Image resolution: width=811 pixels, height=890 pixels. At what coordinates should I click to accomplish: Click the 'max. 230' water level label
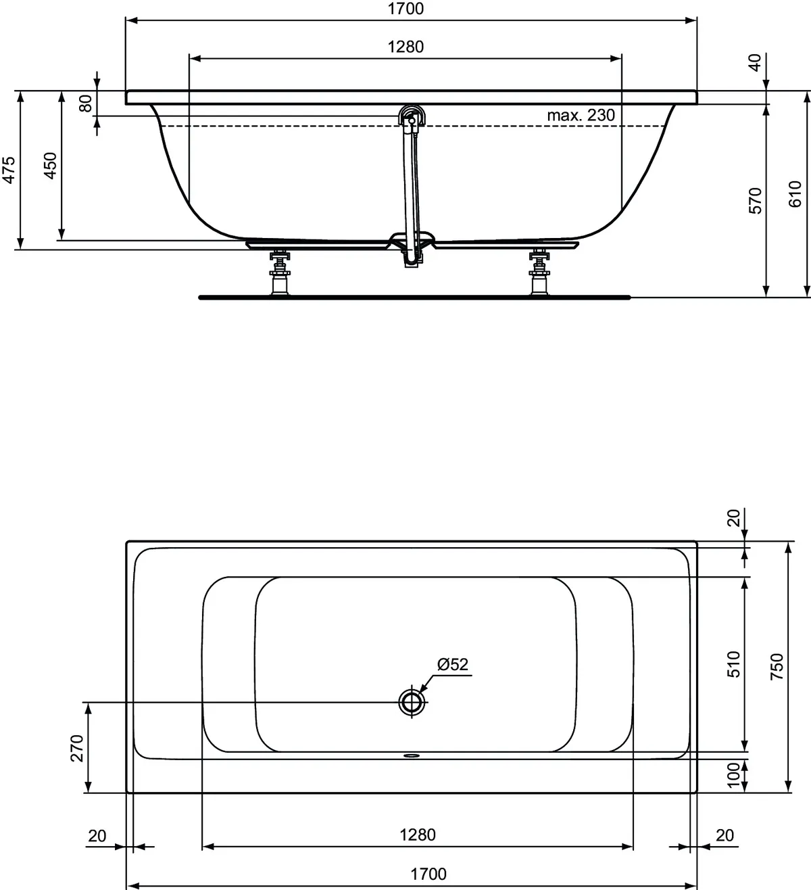(x=581, y=116)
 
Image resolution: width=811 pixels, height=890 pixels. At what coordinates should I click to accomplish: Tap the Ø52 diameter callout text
(x=452, y=665)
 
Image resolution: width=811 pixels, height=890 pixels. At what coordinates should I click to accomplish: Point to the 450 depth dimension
(x=51, y=166)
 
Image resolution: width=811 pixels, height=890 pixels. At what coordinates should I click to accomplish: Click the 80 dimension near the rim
(x=85, y=103)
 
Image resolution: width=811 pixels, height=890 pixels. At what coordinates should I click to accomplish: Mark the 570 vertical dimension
(x=755, y=201)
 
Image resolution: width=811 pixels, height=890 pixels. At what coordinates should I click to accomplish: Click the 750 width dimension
(x=777, y=666)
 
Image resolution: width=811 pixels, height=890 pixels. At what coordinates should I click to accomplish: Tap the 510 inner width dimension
(x=735, y=664)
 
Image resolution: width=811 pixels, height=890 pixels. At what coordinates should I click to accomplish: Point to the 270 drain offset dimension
(x=76, y=748)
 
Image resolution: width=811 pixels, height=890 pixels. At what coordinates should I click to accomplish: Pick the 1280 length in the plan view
(x=417, y=835)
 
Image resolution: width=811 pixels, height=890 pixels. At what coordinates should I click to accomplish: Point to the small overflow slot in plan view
(x=410, y=756)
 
